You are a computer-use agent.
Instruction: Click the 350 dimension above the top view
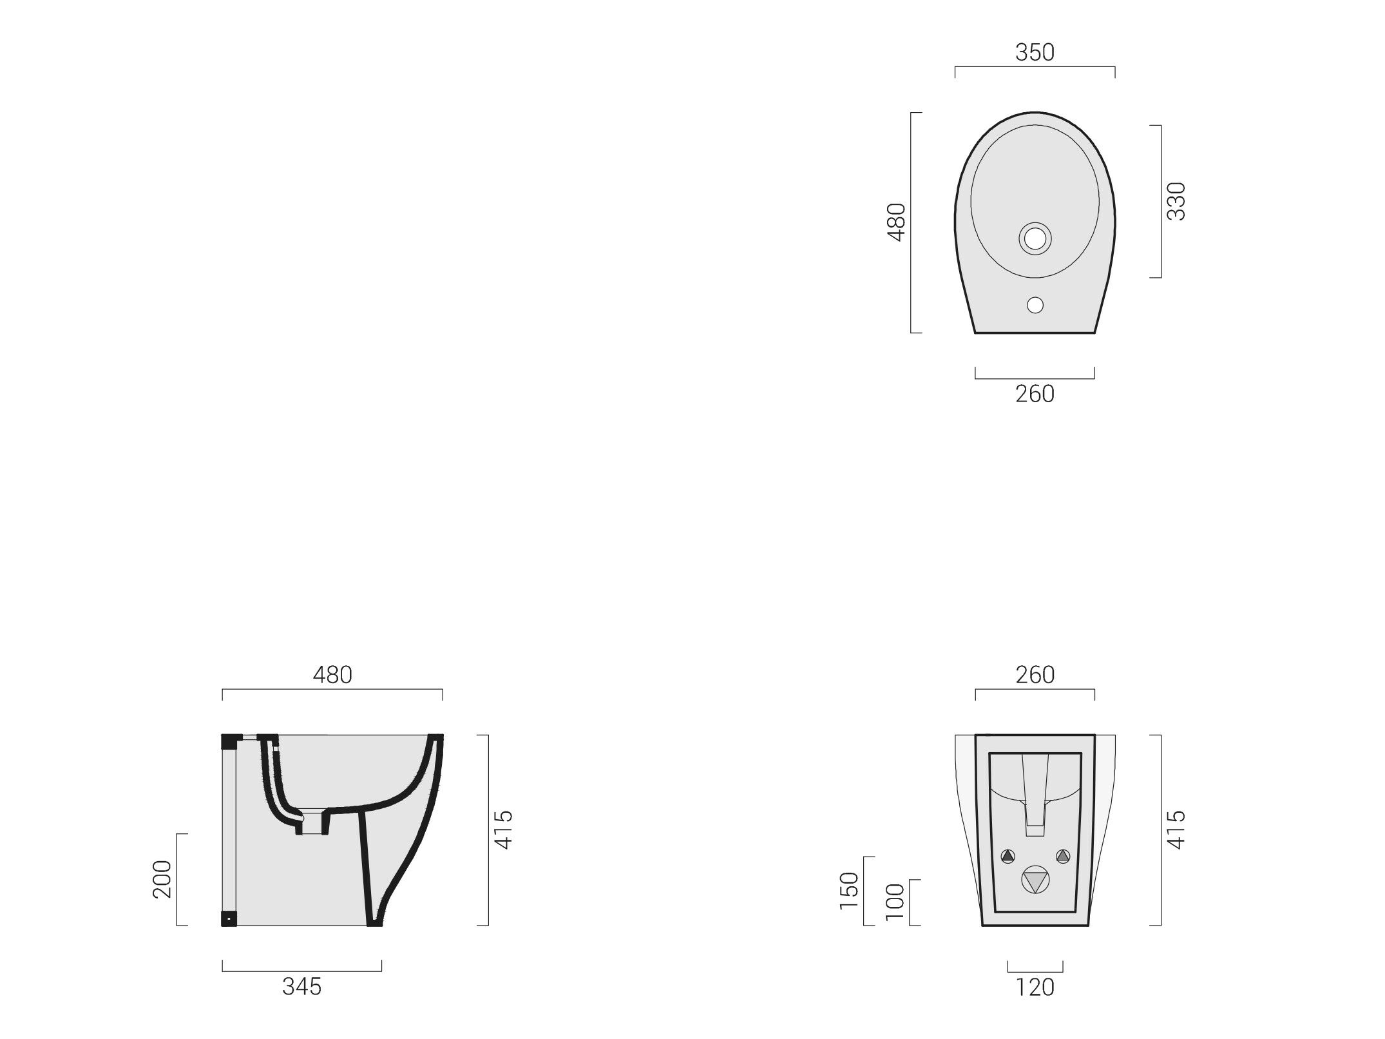(1035, 53)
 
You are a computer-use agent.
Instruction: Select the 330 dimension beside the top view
(1176, 201)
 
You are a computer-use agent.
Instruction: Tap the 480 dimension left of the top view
(897, 222)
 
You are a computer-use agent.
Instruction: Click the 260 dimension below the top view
(1035, 394)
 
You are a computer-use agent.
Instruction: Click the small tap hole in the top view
(1035, 305)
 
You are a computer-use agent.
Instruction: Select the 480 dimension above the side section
(332, 675)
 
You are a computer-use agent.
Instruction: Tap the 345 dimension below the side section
(301, 986)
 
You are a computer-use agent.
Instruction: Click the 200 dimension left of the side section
(162, 879)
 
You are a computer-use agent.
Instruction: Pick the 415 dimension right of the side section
(503, 830)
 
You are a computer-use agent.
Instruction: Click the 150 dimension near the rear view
(850, 889)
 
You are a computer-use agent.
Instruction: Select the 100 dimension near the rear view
(895, 901)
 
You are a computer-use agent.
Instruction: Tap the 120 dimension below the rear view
(1035, 987)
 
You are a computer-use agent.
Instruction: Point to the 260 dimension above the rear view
(1035, 675)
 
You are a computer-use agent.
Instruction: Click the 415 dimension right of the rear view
(1176, 830)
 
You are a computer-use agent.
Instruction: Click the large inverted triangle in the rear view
(1035, 880)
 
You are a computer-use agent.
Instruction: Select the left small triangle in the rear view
(1008, 857)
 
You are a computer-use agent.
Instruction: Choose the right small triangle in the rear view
(1062, 857)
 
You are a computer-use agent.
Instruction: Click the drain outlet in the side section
(313, 822)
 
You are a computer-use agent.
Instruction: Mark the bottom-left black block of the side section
(229, 918)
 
